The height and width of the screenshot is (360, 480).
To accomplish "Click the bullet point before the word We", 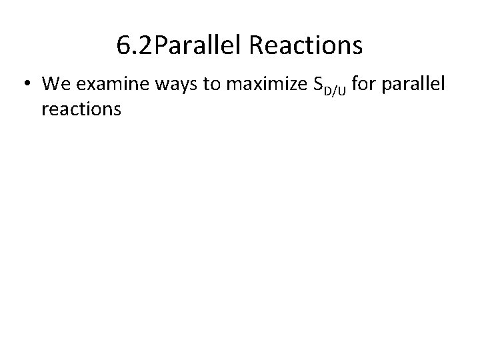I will click(27, 85).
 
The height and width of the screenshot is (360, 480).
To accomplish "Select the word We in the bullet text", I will click(55, 84).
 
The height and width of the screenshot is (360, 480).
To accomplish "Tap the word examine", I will click(104, 85).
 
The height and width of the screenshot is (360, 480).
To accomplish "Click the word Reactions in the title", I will click(305, 46).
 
